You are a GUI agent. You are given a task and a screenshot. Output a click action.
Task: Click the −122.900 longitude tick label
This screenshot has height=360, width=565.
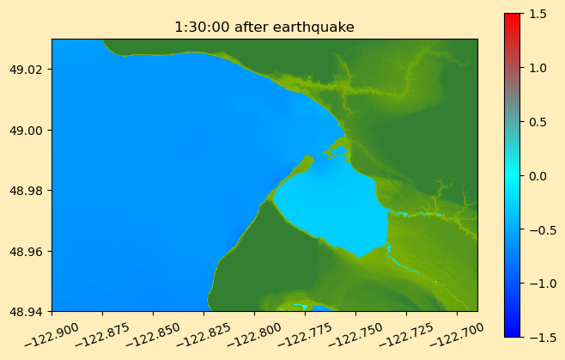tap(52, 334)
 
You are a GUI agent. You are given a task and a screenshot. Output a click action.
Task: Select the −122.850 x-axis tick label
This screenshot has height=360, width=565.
tap(153, 334)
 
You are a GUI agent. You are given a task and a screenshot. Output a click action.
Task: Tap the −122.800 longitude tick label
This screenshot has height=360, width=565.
tap(253, 334)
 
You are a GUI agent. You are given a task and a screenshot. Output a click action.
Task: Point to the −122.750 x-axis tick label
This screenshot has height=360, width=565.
tap(355, 334)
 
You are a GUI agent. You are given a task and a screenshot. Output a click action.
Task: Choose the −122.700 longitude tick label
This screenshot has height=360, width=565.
tap(456, 334)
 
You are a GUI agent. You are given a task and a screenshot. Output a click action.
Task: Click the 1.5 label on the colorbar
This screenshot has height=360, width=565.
tap(538, 14)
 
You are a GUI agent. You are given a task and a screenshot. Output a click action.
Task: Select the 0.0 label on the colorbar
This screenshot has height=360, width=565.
tap(538, 176)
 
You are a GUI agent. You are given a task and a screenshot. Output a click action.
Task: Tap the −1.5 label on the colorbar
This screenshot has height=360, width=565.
tap(543, 338)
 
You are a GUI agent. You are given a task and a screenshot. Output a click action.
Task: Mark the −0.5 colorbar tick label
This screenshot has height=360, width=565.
tap(543, 230)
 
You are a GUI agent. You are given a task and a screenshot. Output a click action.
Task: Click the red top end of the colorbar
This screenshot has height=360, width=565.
tap(513, 16)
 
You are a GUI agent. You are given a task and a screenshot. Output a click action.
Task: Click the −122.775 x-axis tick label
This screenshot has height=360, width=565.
tap(305, 334)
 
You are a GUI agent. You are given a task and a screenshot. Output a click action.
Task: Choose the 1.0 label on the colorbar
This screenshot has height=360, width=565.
tap(538, 68)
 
